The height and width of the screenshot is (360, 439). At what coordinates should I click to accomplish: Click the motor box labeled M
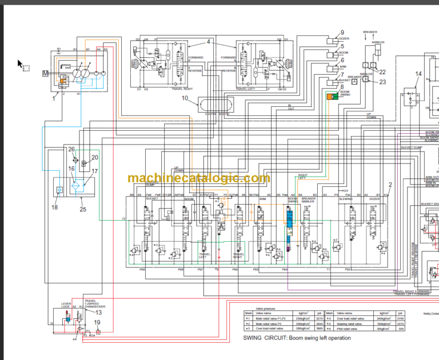pos(46,74)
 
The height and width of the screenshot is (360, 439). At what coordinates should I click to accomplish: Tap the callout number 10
pos(185,98)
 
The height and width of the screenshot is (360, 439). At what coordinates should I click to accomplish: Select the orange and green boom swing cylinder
pos(331,98)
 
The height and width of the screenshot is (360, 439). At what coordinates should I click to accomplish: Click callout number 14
pos(418,74)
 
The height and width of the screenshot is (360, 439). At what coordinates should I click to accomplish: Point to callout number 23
pos(382,82)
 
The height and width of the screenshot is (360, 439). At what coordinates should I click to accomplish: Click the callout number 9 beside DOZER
pos(342,33)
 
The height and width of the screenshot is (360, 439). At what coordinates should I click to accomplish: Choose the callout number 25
pos(83,210)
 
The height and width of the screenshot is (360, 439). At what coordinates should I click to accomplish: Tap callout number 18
pos(54,207)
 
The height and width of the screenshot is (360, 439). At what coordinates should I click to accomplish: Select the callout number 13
pos(98,312)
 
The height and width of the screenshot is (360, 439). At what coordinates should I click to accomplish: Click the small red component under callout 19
pos(97,331)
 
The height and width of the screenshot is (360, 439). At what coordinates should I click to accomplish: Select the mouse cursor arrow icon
pos(20,64)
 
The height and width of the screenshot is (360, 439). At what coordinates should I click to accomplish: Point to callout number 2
pos(390,185)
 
